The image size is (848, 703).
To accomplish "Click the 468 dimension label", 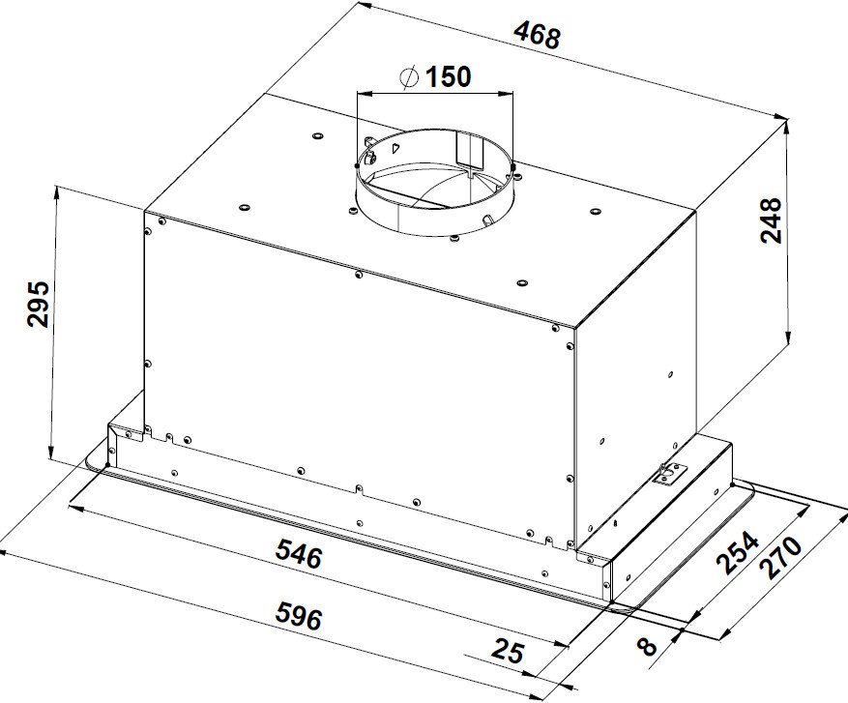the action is tap(537, 36).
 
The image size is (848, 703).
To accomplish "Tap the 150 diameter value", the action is tap(448, 76).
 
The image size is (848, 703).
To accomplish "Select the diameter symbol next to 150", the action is tap(409, 76).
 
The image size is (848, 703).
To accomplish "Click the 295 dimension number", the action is tap(39, 304).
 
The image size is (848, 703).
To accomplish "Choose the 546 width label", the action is tap(299, 555).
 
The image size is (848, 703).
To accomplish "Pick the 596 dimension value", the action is tap(299, 617).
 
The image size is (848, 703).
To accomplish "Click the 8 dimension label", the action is tap(647, 646).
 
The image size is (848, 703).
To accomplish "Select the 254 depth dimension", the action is tap(738, 553).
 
